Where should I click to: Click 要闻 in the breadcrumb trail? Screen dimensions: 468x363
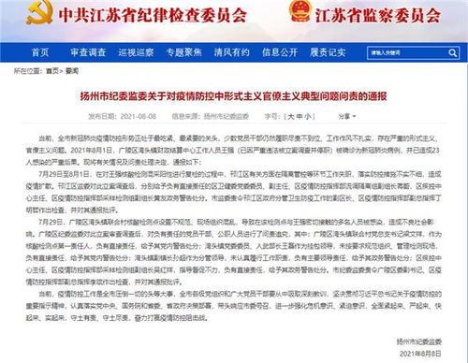point(70,70)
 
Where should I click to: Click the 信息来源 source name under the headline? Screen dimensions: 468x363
point(227,117)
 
